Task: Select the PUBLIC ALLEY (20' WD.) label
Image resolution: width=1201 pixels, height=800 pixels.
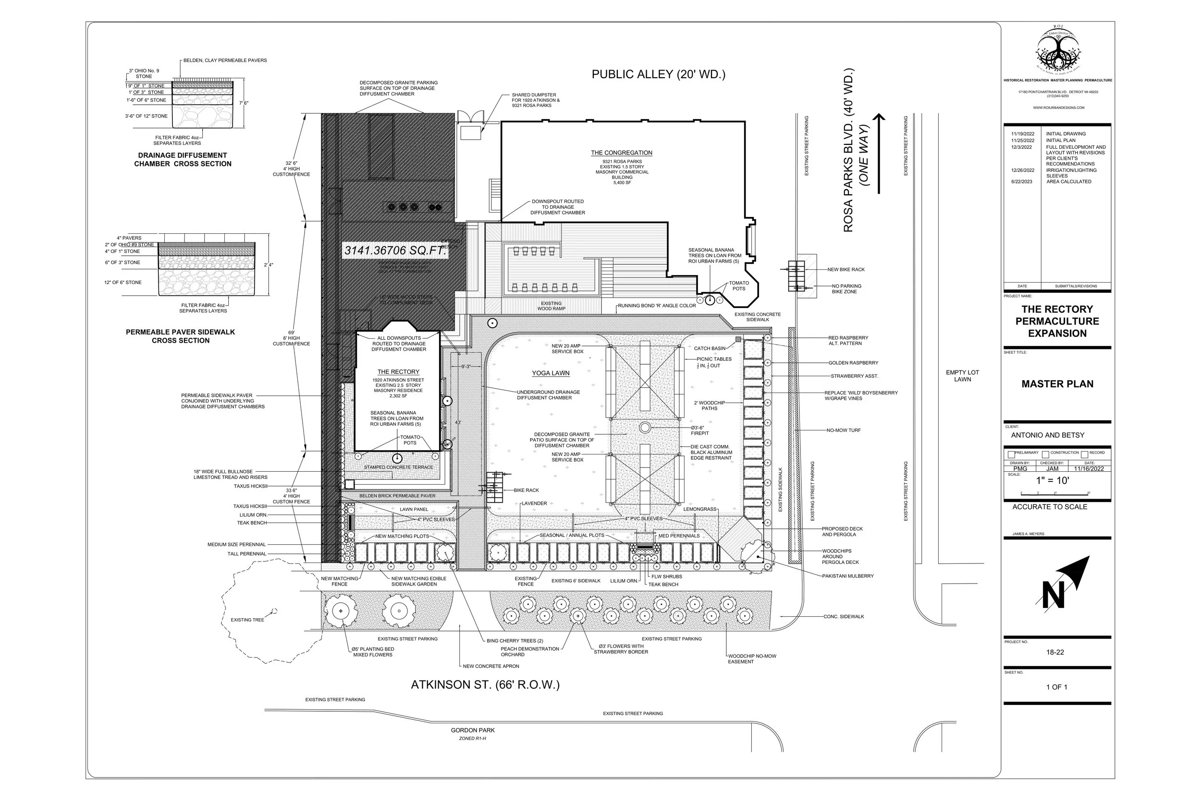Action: click(x=658, y=74)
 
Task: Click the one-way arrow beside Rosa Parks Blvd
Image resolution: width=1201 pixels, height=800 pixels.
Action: click(x=878, y=153)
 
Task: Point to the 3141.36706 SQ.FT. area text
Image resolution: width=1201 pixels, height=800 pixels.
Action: click(x=395, y=251)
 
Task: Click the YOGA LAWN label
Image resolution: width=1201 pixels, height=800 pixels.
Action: click(x=551, y=373)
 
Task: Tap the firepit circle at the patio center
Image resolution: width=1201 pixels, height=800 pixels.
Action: click(x=645, y=427)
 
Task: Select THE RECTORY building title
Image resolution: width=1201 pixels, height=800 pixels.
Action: click(x=398, y=372)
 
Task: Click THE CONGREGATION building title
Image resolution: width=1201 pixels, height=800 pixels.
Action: click(x=622, y=153)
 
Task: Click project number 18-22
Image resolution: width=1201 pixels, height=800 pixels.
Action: click(x=1054, y=652)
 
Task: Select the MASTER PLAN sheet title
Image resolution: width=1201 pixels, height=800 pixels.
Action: click(x=1057, y=383)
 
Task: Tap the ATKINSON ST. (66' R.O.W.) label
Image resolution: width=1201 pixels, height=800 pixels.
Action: click(x=485, y=685)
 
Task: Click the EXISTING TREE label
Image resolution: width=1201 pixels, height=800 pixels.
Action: click(x=247, y=620)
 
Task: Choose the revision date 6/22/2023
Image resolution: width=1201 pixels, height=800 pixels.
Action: click(x=1021, y=181)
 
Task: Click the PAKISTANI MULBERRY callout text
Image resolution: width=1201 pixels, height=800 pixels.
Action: click(x=847, y=576)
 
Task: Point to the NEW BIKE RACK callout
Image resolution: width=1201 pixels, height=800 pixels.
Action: click(x=846, y=269)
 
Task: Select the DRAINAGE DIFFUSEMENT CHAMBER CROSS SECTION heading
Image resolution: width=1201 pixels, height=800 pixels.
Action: click(x=182, y=159)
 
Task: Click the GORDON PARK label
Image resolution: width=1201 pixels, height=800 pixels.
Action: click(x=472, y=730)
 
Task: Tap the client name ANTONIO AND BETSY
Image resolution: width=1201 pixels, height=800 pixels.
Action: click(x=1047, y=435)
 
